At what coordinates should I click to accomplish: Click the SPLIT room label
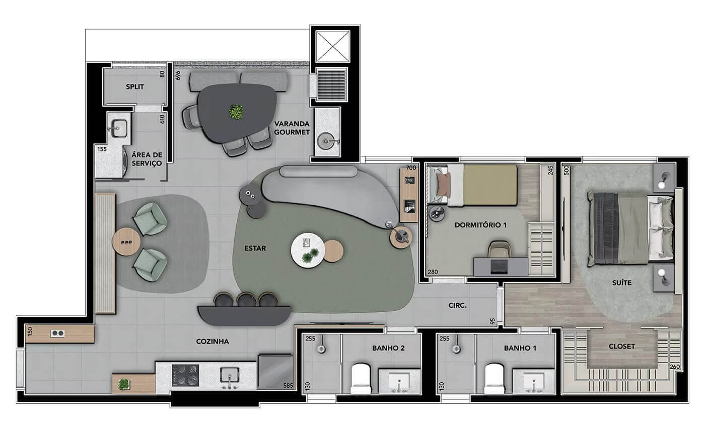(135, 86)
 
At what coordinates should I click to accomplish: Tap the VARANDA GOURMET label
(292, 128)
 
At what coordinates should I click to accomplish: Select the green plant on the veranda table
(236, 112)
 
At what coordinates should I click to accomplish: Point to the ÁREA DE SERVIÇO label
(147, 159)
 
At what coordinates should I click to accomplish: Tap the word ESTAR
(255, 248)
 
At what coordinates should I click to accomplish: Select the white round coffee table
(308, 250)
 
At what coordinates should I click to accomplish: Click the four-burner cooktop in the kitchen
(185, 375)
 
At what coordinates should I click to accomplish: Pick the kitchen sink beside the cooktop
(230, 376)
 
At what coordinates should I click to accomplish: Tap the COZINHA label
(213, 341)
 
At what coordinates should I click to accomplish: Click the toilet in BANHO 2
(361, 378)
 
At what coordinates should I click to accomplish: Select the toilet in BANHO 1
(495, 378)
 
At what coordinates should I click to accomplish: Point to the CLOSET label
(621, 346)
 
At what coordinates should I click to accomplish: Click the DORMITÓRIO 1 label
(480, 225)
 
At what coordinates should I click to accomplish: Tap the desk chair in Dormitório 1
(498, 249)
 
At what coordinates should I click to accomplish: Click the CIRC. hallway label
(457, 305)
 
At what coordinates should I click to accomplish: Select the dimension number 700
(411, 168)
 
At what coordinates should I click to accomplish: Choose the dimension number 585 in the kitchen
(288, 386)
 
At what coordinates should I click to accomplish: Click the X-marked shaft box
(333, 46)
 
